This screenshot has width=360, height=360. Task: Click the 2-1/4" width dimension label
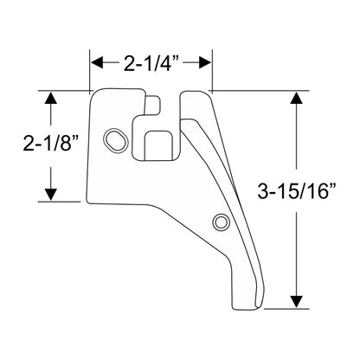[151, 63]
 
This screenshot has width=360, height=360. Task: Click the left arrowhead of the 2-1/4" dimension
[97, 62]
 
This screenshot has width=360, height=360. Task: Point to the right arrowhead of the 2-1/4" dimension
[204, 62]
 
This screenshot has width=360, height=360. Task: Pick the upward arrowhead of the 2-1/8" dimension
[51, 98]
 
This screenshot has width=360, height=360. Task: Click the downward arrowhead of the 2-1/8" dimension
[51, 194]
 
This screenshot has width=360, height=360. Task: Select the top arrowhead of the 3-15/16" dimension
[297, 98]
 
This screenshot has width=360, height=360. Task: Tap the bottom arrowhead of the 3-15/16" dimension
[297, 302]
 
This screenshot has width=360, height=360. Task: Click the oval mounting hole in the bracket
[116, 140]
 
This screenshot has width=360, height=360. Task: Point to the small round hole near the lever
[222, 222]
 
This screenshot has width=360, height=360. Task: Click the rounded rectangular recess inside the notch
[157, 145]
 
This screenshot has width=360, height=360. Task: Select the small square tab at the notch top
[152, 105]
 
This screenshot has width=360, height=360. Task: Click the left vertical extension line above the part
[90, 70]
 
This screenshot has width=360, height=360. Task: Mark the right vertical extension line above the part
[212, 70]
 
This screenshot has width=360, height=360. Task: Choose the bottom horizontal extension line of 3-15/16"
[286, 309]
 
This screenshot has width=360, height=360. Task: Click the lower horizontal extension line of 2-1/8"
[59, 202]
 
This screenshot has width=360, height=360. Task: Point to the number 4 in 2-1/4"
[167, 63]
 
